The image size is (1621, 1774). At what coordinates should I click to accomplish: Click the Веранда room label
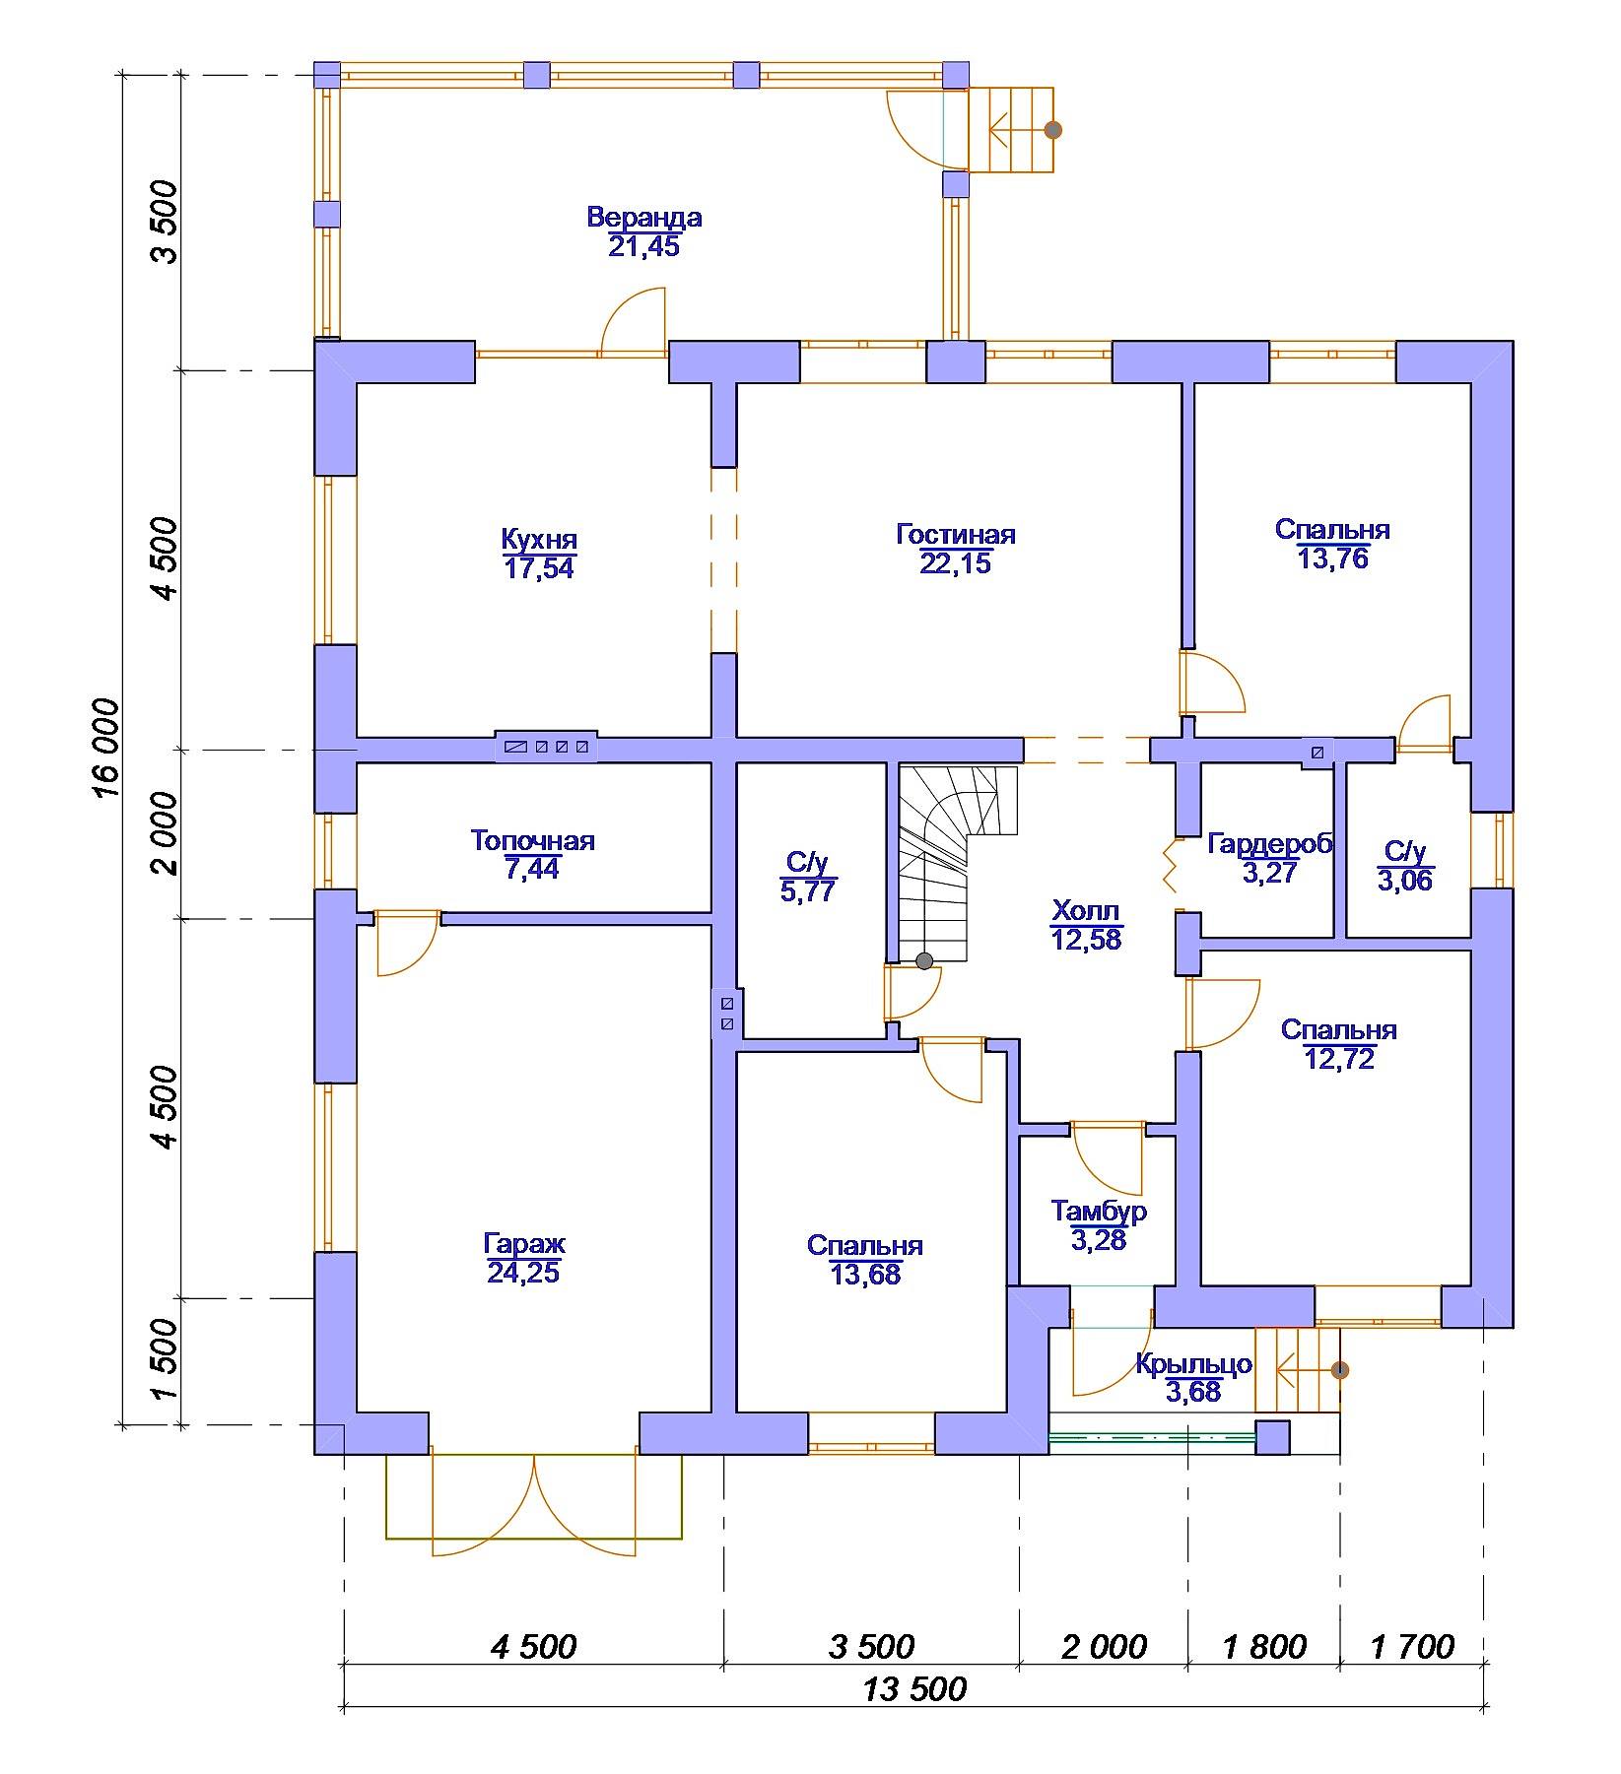coord(643,217)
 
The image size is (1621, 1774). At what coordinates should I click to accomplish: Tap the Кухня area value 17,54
coord(539,568)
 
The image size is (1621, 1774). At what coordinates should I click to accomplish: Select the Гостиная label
coord(955,535)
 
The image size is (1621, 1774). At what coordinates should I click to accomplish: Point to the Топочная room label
coord(532,841)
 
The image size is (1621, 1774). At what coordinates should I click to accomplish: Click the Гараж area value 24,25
coord(523,1273)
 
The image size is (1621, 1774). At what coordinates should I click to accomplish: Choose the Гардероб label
coord(1270,844)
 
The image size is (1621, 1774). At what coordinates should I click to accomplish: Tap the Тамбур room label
coord(1099,1211)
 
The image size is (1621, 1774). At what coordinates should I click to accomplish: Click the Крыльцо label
coord(1193,1364)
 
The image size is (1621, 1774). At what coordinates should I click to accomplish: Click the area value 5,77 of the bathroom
coord(808,891)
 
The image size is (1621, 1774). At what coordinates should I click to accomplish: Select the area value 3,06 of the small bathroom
coord(1405,880)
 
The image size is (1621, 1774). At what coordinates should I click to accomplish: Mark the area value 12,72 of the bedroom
coord(1339,1059)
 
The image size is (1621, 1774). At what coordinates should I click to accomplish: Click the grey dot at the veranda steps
coord(1052,129)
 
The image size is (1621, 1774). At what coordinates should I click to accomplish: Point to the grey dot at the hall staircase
coord(924,960)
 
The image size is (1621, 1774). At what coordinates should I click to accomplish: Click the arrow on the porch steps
coord(1306,1369)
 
